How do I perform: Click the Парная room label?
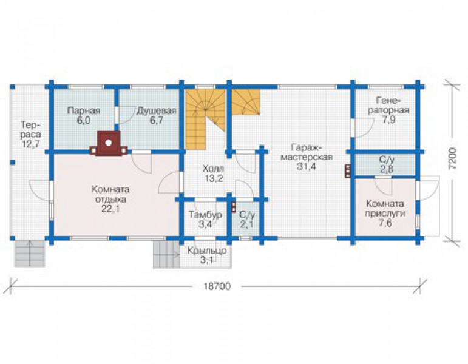click(x=84, y=110)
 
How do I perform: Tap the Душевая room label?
click(x=157, y=110)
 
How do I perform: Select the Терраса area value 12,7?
click(x=31, y=144)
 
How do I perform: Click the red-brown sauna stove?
click(x=109, y=143)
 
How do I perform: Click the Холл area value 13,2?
click(x=214, y=178)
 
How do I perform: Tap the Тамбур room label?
click(x=206, y=215)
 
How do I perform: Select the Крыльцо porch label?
click(x=207, y=251)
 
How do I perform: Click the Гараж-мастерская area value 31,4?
click(x=307, y=166)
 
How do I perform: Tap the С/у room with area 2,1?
click(x=247, y=219)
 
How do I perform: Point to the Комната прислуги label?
click(x=385, y=209)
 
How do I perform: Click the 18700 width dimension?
click(x=217, y=286)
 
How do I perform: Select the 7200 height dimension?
click(x=452, y=158)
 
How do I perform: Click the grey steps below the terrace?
click(x=30, y=254)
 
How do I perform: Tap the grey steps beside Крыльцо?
click(x=166, y=255)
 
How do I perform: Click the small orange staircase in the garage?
click(x=246, y=102)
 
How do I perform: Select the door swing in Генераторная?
click(x=364, y=128)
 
